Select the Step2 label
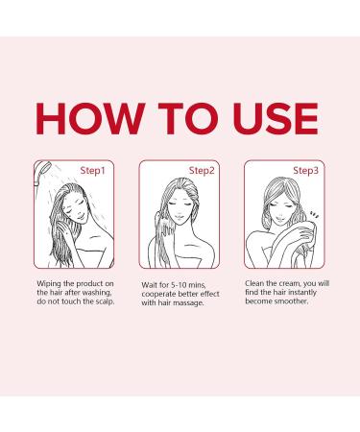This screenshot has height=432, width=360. [201, 170]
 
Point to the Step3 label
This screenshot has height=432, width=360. [305, 170]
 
